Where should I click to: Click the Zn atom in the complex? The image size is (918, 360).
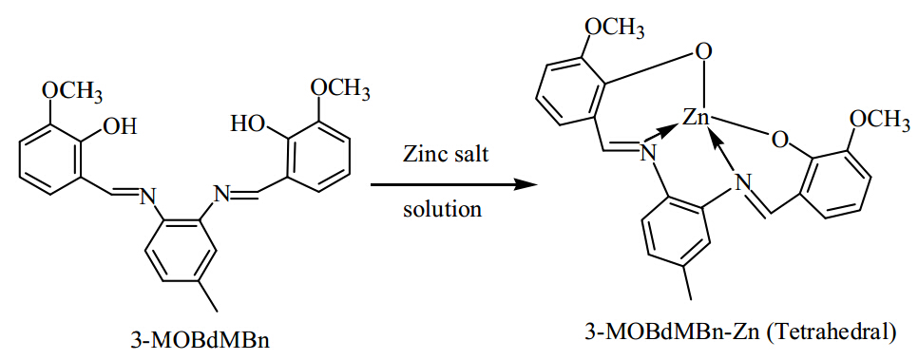pos(697,118)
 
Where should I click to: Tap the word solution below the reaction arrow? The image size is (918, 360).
pos(442,209)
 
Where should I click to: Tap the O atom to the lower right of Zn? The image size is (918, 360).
pos(777,142)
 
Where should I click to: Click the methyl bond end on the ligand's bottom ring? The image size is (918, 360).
pos(219,311)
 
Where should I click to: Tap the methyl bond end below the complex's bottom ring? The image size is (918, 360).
pos(691,298)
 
